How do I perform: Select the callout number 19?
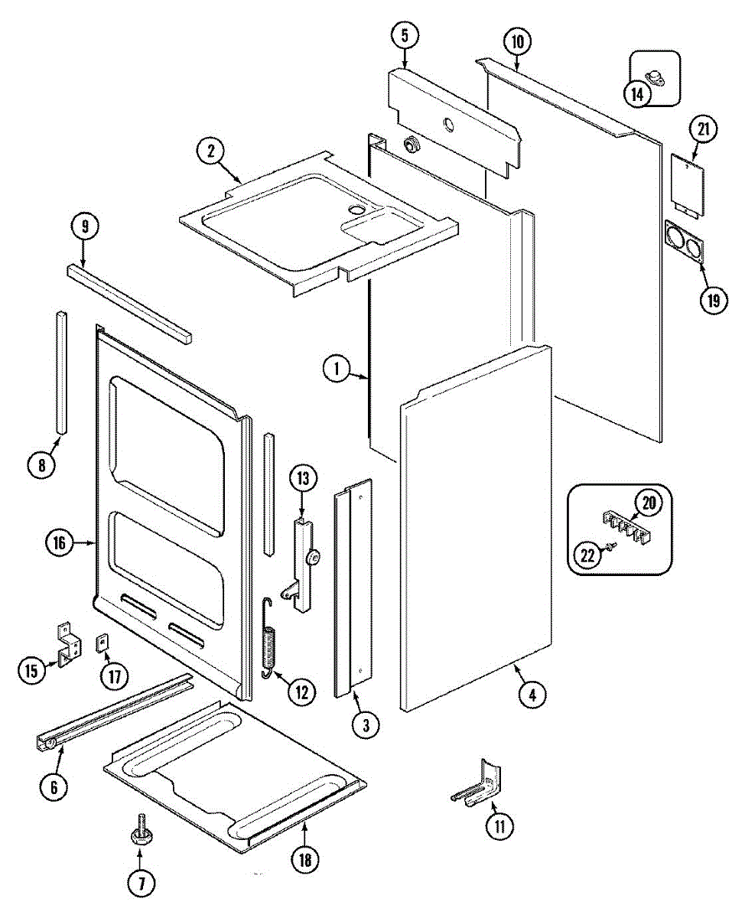click(713, 300)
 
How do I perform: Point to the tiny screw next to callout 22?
click(612, 546)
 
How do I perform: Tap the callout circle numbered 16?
click(59, 544)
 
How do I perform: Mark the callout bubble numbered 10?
click(518, 42)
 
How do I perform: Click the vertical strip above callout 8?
click(60, 372)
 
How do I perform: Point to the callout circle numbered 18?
click(304, 859)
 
